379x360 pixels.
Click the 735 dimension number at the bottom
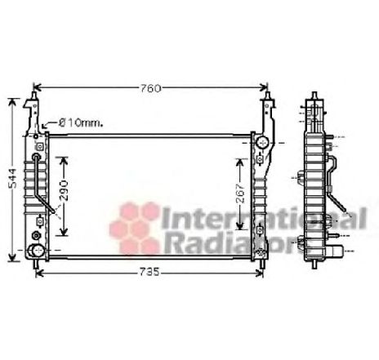coord(149,273)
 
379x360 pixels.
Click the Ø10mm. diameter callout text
coord(78,123)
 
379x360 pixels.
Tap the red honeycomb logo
coord(136,226)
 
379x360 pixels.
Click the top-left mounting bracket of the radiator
coord(33,110)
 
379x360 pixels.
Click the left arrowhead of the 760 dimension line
coord(35,87)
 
